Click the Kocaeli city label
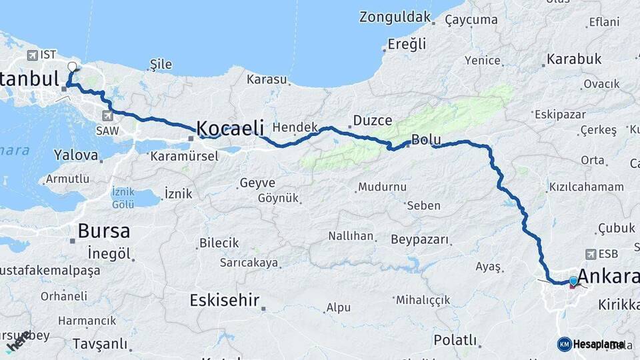(230, 127)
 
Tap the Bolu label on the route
(426, 139)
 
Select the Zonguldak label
(395, 17)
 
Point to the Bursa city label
(103, 231)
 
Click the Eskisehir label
(224, 300)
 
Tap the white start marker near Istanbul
(73, 66)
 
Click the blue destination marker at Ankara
(573, 281)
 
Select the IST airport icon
(31, 55)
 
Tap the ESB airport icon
(590, 254)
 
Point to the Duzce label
(372, 121)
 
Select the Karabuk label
(574, 59)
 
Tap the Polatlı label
(455, 340)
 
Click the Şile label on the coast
(161, 65)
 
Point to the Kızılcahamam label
(586, 187)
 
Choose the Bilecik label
(219, 243)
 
